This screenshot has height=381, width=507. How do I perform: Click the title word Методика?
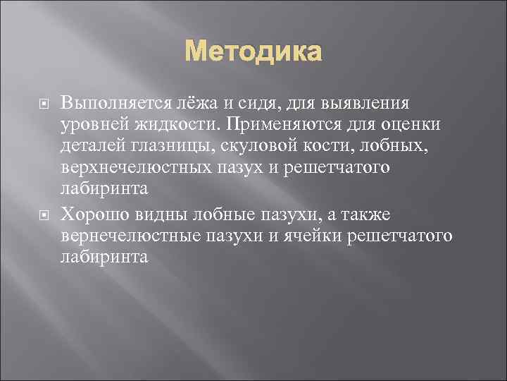pyautogui.click(x=254, y=53)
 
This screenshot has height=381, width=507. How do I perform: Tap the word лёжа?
pyautogui.click(x=196, y=104)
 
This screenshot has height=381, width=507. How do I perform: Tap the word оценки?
pyautogui.click(x=404, y=126)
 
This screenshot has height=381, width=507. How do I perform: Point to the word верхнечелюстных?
pyautogui.click(x=127, y=168)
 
